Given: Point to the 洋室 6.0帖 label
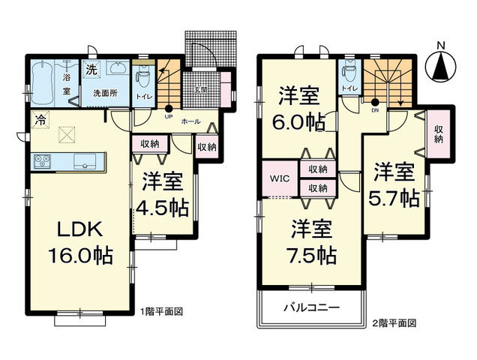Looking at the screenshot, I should click(298, 107).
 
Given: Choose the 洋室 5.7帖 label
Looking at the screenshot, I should click(394, 185).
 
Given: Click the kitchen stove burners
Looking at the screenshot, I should click(41, 160).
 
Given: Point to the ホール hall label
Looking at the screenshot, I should click(190, 120).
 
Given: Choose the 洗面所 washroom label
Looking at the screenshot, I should click(104, 94).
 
